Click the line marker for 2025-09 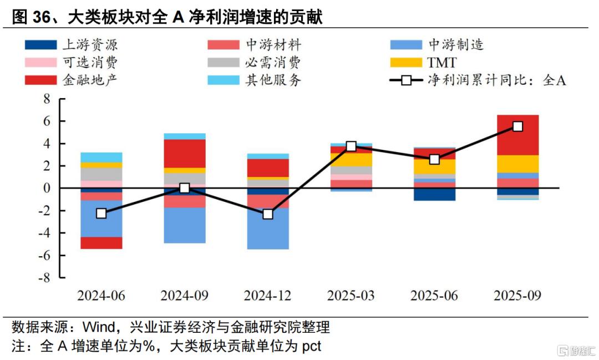[517, 126]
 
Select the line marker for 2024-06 [101, 214]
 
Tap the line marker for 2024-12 [268, 214]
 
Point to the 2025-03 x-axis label [351, 295]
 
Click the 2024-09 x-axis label [185, 295]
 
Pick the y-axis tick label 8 [47, 99]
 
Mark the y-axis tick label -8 [44, 277]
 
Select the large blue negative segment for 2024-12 [268, 229]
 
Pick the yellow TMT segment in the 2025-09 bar [517, 164]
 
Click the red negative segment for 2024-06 [101, 243]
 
